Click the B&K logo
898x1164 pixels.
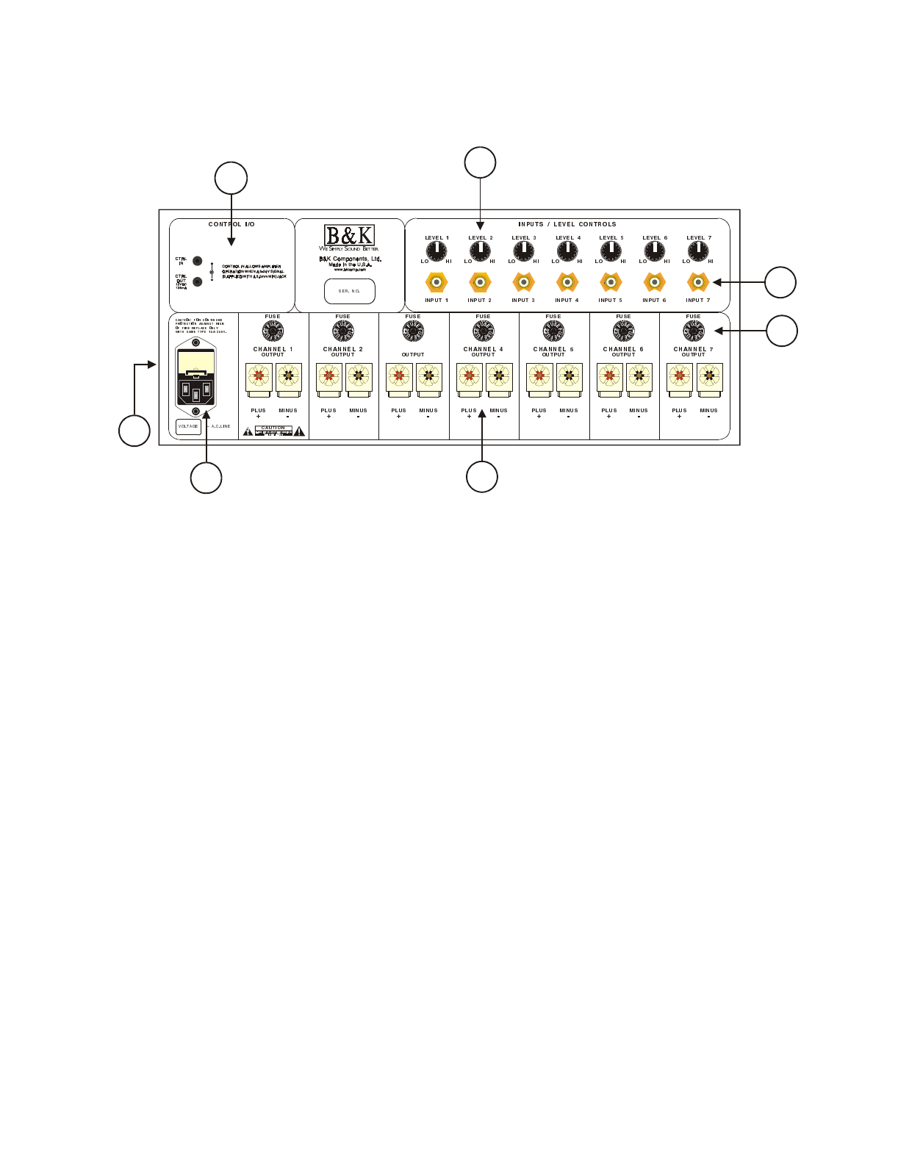pos(350,235)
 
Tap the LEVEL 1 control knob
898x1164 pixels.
pos(437,252)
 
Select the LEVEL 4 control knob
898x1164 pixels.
pos(567,252)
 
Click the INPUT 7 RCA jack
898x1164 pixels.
pos(697,281)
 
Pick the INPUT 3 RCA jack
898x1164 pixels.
pos(523,281)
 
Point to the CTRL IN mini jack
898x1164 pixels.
pos(198,261)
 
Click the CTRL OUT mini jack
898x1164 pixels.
pos(198,281)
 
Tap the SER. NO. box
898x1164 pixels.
pos(350,291)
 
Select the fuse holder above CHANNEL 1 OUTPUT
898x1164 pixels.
pos(273,331)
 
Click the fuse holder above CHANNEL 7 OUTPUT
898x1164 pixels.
pos(694,331)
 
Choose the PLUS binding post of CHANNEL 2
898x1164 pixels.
pos(328,377)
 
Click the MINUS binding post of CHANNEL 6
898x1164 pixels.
pos(639,377)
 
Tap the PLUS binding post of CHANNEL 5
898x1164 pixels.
pos(539,377)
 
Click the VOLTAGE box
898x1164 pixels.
pos(188,426)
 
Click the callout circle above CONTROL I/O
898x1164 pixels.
pos(231,178)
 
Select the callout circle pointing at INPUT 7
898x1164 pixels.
pos(780,282)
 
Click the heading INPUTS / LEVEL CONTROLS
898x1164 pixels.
pos(567,224)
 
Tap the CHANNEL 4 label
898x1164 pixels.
pos(483,349)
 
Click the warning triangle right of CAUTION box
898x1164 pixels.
pos(299,431)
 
